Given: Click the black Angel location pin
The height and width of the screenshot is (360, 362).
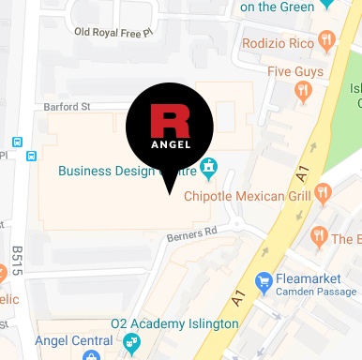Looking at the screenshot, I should (x=169, y=131).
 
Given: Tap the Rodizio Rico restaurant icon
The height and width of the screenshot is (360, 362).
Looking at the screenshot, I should (x=326, y=39).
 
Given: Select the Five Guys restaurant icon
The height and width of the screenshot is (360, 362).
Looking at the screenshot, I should (x=303, y=91).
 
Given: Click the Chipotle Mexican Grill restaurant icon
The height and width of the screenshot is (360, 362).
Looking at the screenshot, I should (x=324, y=193).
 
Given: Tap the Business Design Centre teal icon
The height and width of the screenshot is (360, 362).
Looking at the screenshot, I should (x=209, y=169).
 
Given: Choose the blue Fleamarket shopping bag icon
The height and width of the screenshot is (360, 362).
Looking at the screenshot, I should (x=264, y=280).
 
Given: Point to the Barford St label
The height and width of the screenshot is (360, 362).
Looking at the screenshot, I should (x=66, y=107).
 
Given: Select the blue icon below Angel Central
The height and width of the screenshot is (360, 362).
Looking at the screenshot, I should (x=91, y=355).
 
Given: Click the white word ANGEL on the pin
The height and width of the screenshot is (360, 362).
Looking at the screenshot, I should (x=169, y=143).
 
